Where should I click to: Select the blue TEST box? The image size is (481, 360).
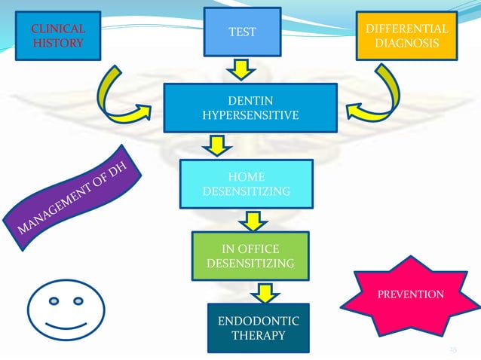242,32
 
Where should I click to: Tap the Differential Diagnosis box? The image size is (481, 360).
406,37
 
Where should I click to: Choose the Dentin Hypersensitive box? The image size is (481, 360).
250,108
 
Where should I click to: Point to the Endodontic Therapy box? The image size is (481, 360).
257,328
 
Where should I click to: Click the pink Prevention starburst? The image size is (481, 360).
409,293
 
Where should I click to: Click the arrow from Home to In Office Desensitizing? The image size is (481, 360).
253,219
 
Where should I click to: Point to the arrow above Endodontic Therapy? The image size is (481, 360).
264,292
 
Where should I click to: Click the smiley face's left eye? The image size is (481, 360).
54,302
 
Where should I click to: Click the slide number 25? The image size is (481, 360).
453,349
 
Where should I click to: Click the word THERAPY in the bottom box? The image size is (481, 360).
257,335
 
